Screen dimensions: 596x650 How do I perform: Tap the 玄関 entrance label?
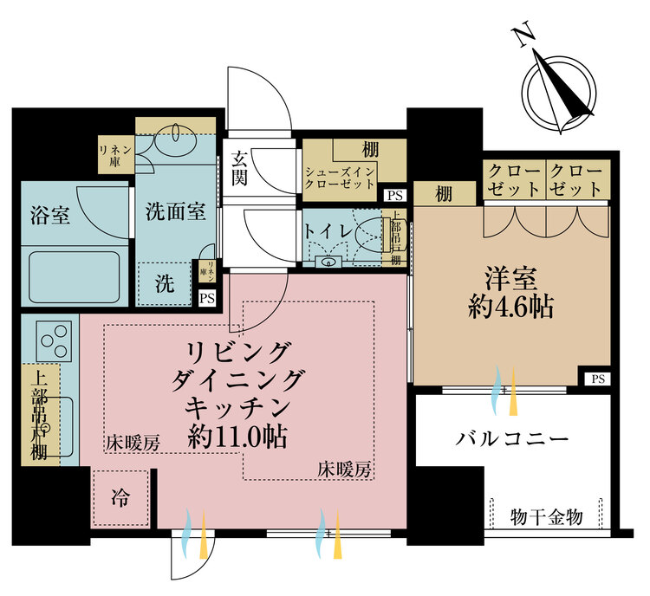pos(240,171)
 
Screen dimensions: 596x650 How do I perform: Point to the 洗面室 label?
pos(175,211)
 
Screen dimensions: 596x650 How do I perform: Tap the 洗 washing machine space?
pos(165,282)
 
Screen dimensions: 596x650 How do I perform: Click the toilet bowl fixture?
pos(367,234)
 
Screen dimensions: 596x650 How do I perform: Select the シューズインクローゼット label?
pos(339,178)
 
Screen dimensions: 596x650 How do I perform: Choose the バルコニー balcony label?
pos(513,437)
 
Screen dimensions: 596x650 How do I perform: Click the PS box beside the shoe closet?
pos(395,195)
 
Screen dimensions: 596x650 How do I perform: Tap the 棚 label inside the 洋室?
pos(444,193)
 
